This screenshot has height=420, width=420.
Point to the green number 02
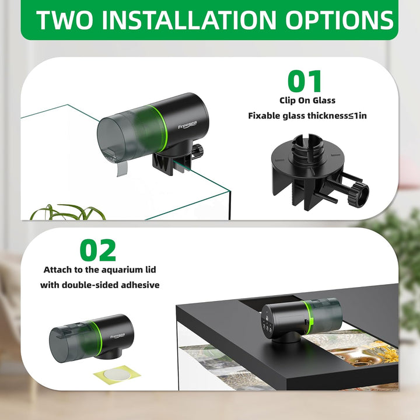(x=98, y=250)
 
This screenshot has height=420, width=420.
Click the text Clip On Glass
(x=307, y=100)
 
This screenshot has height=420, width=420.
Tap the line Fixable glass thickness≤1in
(x=307, y=116)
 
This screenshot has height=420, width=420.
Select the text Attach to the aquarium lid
(x=100, y=270)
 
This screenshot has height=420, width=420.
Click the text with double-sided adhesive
(x=100, y=285)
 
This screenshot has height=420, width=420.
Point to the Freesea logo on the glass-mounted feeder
(x=186, y=125)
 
